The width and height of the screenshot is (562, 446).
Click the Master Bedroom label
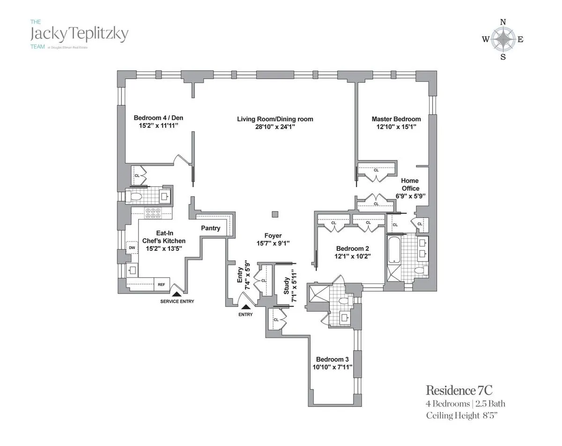coord(396,119)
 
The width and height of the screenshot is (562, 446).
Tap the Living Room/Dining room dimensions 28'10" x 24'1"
coord(275,127)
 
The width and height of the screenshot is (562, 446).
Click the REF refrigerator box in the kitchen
coord(162,284)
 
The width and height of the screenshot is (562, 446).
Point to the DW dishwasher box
coord(132,247)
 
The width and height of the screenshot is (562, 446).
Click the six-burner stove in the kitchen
coord(153,213)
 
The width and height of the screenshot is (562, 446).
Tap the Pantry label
coord(210,228)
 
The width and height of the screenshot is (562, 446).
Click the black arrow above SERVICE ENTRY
coord(177,293)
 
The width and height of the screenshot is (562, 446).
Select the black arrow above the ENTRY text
coord(245,307)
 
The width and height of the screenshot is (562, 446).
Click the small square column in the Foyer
coord(275,214)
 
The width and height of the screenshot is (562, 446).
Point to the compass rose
coord(503,39)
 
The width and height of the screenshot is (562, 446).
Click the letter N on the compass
coord(503,22)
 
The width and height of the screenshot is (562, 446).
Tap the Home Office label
coord(410,184)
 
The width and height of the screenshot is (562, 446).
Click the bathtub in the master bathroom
coord(393,250)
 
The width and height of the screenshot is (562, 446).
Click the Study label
coord(287,286)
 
